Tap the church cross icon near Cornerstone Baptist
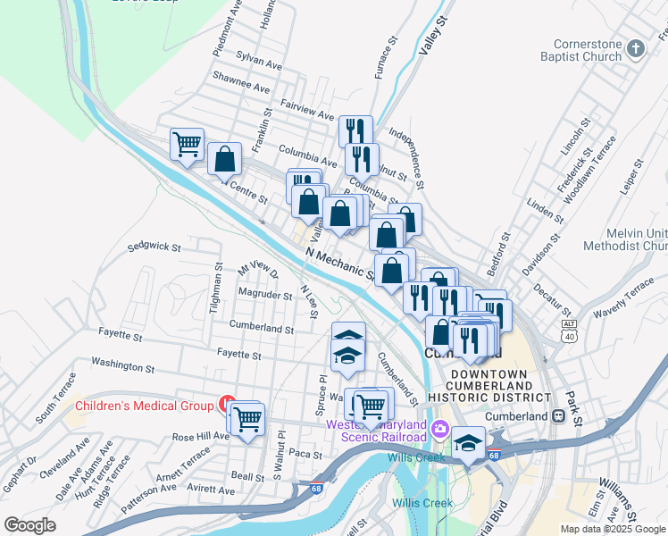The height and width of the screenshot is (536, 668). point(635,48)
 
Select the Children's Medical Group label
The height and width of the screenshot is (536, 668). point(144,406)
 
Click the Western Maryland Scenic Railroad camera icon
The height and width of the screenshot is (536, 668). point(439,430)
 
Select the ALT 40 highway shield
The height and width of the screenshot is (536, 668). point(569,330)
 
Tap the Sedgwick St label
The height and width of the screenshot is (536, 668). point(154,247)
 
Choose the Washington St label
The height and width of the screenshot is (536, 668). point(122,366)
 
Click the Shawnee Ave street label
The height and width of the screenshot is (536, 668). point(241,88)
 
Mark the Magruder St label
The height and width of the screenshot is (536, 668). point(265,294)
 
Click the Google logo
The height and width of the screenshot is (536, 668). point(30,525)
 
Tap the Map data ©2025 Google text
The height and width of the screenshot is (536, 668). point(612,529)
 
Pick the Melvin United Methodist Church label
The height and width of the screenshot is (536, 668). point(625,239)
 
